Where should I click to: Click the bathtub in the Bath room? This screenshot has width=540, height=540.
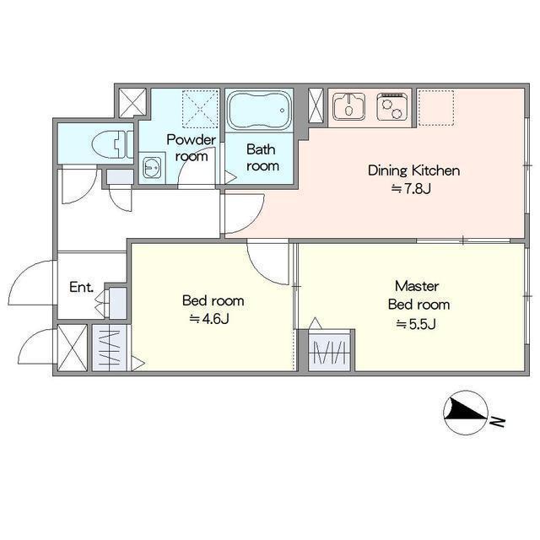259,110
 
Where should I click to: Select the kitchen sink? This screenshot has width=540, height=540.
348,106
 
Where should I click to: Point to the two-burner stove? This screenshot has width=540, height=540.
392,106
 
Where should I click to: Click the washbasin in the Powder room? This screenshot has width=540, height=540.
152,167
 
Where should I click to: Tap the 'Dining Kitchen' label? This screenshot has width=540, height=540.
414,170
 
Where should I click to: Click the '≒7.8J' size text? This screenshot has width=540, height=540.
411,188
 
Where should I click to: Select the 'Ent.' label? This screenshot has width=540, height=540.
81,287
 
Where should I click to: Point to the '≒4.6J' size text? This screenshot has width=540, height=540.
209,319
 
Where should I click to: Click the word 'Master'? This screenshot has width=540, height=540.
417,286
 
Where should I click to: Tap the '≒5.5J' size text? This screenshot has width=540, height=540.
416,324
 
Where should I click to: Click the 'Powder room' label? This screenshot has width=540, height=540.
192,148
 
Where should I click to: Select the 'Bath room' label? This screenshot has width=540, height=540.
262,158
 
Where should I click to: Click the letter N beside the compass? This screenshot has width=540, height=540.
497,422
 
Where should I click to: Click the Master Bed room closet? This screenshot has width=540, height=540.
330,352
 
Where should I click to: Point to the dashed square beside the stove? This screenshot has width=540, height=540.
436,108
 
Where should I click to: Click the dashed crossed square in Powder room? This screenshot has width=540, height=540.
200,108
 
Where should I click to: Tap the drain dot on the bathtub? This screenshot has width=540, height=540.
283,111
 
